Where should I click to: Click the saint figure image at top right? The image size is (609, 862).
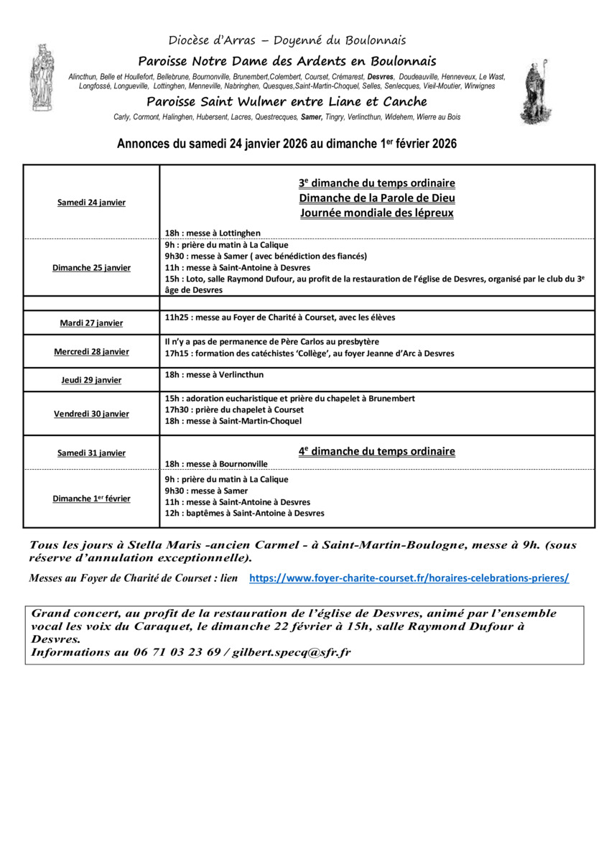[x=535, y=92]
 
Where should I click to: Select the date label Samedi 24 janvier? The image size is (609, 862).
[x=91, y=203]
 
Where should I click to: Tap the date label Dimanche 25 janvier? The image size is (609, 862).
[x=91, y=268]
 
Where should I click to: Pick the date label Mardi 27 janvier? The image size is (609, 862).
[x=91, y=323]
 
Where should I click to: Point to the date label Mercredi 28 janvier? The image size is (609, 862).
[x=91, y=352]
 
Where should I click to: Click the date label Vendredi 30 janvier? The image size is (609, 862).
[x=91, y=414]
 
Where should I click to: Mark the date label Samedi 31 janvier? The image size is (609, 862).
[x=91, y=453]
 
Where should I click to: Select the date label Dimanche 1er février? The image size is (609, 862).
[x=91, y=499]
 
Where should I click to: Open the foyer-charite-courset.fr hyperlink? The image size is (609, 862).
[x=409, y=578]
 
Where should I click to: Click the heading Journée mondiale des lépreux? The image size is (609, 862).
[x=377, y=213]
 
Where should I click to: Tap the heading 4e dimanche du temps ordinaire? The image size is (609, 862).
[x=377, y=452]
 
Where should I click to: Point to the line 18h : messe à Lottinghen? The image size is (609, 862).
[x=213, y=233]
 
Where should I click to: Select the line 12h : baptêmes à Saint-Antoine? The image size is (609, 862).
[x=244, y=514]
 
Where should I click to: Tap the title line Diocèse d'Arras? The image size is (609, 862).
[x=287, y=41]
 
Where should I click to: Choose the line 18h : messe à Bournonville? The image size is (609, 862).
[x=216, y=464]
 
